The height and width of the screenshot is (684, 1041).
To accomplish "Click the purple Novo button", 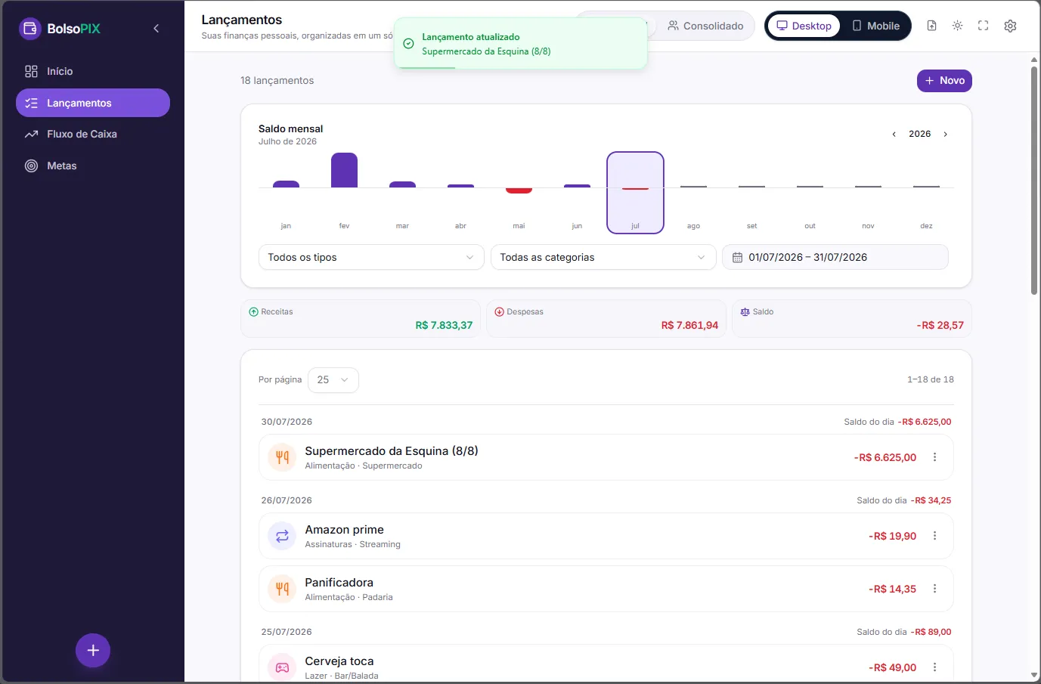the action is coord(944,80).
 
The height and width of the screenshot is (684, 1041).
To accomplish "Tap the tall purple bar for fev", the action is coord(344,170).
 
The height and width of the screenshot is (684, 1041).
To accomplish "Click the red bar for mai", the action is coord(519,190).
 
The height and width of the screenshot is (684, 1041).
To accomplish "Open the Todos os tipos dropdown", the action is coord(371,257).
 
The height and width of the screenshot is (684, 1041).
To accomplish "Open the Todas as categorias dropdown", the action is coord(603,257).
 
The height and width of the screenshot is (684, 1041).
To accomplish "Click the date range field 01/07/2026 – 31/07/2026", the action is coord(835,257).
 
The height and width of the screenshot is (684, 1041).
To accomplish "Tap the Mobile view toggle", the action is coord(875,26).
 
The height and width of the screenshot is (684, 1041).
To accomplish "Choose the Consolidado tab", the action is coord(705,26).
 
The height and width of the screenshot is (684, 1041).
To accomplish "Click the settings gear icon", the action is coord(1010,26).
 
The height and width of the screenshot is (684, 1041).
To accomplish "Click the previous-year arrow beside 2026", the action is coord(894,135).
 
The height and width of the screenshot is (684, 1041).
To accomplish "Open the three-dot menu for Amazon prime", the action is coord(934,536).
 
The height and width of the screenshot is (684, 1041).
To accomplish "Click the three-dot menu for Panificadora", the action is coord(934,589).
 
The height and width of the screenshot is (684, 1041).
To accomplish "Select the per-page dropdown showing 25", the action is coord(333,380).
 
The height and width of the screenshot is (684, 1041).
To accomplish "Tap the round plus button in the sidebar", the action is coord(93,650).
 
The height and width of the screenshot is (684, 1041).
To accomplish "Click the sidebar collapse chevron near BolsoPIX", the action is coord(156,29).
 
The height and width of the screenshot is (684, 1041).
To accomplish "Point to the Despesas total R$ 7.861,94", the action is coord(689,325).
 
